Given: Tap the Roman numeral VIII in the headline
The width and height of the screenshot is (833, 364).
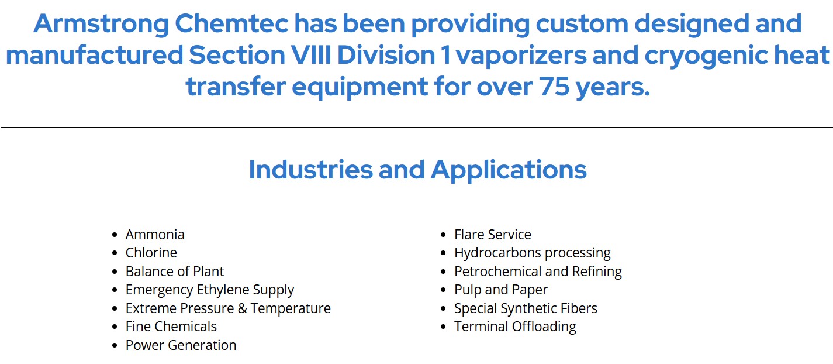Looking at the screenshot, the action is [311, 55].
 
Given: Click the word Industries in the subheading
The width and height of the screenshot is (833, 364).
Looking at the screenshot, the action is [310, 170].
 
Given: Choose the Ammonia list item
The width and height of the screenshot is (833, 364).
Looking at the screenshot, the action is [155, 235].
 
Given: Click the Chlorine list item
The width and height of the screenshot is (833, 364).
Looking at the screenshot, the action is [151, 253].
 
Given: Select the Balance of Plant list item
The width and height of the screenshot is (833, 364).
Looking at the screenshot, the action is [175, 272].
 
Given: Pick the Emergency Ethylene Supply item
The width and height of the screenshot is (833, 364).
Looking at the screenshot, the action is [210, 290].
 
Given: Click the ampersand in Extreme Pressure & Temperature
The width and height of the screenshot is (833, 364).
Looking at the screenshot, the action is [243, 308].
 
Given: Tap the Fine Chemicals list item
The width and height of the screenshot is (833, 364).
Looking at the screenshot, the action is [171, 327].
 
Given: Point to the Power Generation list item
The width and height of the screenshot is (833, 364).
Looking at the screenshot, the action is [181, 345].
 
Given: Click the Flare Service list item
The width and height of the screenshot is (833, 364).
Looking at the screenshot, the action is [492, 235].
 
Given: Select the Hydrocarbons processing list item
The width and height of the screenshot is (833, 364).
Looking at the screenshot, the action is [532, 253].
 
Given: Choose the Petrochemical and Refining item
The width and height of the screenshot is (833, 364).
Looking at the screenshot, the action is [538, 272].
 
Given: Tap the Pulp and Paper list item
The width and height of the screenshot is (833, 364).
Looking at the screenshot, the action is [500, 290].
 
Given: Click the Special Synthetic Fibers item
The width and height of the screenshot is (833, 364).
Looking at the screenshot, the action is [526, 309].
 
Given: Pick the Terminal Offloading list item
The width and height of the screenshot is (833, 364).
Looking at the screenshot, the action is [515, 327].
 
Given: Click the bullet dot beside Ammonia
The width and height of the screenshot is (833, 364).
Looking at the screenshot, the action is [115, 235].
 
